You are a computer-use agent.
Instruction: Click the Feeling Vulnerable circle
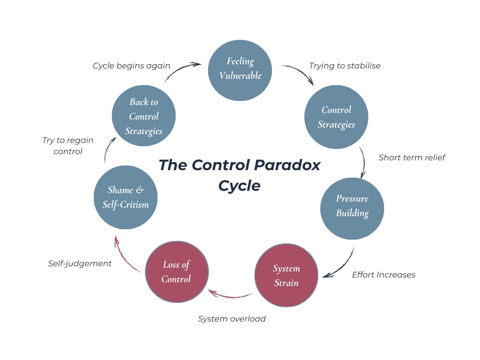(x=240, y=68)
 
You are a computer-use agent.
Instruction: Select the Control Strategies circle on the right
(x=336, y=117)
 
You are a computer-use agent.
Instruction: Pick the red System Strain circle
(x=286, y=275)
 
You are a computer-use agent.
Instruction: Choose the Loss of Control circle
(x=176, y=272)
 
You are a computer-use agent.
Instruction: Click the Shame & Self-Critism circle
(x=125, y=197)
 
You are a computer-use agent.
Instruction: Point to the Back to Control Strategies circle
(x=144, y=116)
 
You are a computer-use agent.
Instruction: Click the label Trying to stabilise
(x=345, y=66)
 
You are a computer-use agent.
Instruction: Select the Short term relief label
(x=412, y=157)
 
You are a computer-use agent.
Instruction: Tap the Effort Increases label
(x=383, y=275)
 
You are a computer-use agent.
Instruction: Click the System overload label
(x=232, y=319)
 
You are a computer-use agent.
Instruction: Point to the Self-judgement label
(x=80, y=263)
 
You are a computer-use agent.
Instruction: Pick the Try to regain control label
(x=68, y=146)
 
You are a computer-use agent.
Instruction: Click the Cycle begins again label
(x=131, y=66)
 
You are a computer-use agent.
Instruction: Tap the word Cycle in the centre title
(x=240, y=186)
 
